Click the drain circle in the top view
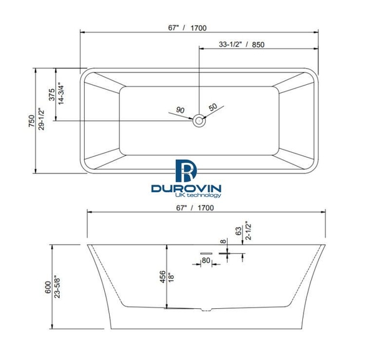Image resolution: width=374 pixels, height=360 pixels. click(x=199, y=120)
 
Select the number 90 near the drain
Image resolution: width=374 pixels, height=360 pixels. click(x=181, y=110)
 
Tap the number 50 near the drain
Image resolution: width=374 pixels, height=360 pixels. click(x=213, y=107)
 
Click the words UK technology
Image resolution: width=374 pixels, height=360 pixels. click(x=190, y=195)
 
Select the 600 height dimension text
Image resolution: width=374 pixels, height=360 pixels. click(x=47, y=286)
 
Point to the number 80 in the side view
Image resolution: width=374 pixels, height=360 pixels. click(x=205, y=261)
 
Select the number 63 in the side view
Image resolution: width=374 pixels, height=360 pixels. click(x=237, y=230)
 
